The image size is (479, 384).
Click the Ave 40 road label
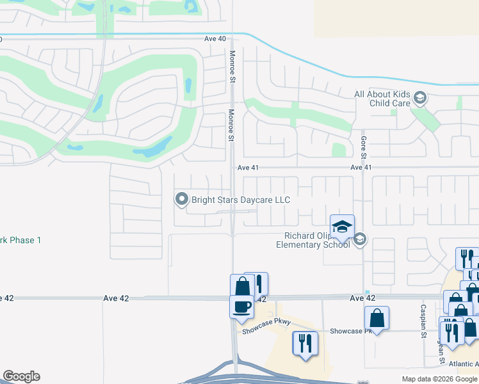215,38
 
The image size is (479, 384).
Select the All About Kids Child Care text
382,99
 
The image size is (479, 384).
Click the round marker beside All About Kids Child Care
420,99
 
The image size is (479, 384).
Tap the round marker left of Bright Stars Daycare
181,200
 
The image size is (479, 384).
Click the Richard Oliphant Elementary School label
313,240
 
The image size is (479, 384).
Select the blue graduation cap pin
342,227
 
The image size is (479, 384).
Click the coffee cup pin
241,306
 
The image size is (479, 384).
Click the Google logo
21,376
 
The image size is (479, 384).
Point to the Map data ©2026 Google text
439,379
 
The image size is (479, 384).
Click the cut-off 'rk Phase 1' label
20,240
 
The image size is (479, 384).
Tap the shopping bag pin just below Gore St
377,319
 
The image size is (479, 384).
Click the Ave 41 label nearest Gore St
361,168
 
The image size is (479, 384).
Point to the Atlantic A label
462,364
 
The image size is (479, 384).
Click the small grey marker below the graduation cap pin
359,239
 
